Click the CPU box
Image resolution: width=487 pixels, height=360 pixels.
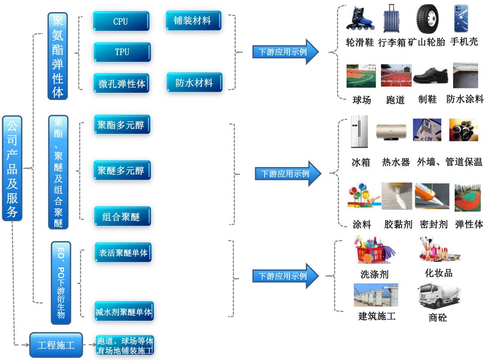pyautogui.click(x=121, y=21)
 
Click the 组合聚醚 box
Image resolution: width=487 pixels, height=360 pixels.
pyautogui.click(x=122, y=217)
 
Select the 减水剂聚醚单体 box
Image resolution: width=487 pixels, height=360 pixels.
pyautogui.click(x=124, y=311)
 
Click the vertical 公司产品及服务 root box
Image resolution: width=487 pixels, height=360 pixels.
pyautogui.click(x=12, y=168)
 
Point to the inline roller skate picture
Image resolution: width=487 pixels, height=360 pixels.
pyautogui.click(x=358, y=19)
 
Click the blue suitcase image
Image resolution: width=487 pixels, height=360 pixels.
pyautogui.click(x=391, y=19)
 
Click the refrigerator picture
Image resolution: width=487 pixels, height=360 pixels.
pyautogui.click(x=359, y=132)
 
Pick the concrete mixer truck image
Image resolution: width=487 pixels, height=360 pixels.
pyautogui.click(x=435, y=296)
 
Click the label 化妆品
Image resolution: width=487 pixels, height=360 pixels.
pyautogui.click(x=438, y=273)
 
